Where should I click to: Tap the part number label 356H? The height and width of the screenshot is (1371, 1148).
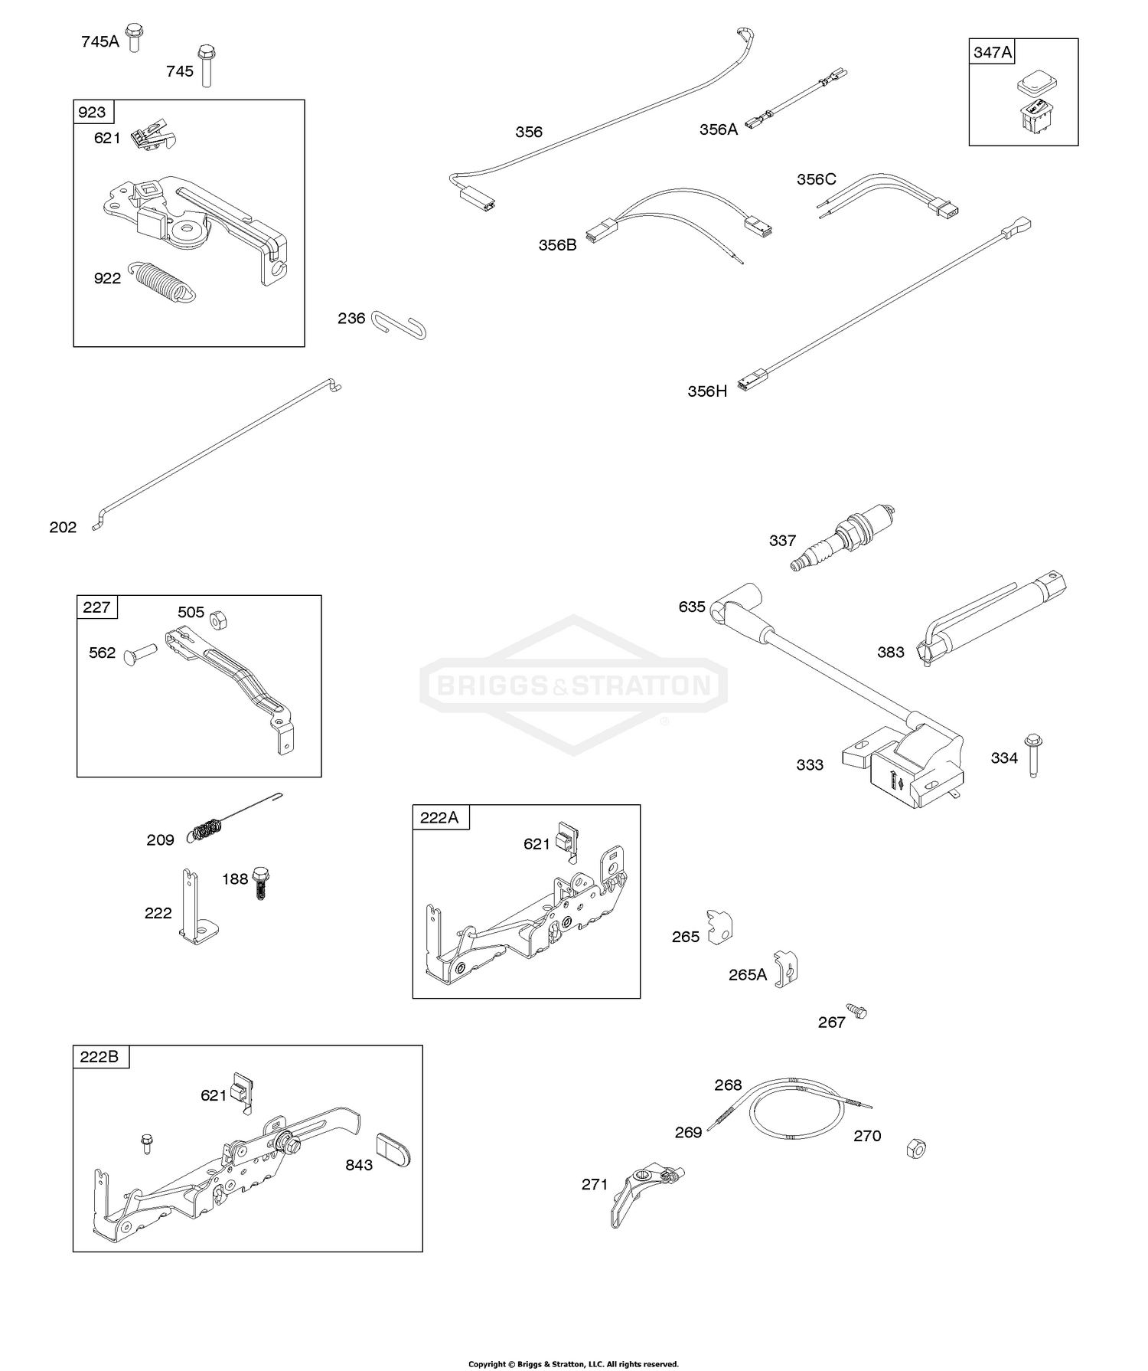tap(706, 391)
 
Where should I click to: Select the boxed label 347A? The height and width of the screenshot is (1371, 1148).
tap(992, 52)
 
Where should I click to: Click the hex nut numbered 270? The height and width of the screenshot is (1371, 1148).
tap(915, 1148)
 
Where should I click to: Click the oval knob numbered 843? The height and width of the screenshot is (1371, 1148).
tap(394, 1150)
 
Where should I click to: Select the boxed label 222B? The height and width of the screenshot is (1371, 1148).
tap(100, 1057)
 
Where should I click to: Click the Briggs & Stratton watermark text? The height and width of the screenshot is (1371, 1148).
tap(573, 685)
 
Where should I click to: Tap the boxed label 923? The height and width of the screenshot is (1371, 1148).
tap(92, 113)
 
